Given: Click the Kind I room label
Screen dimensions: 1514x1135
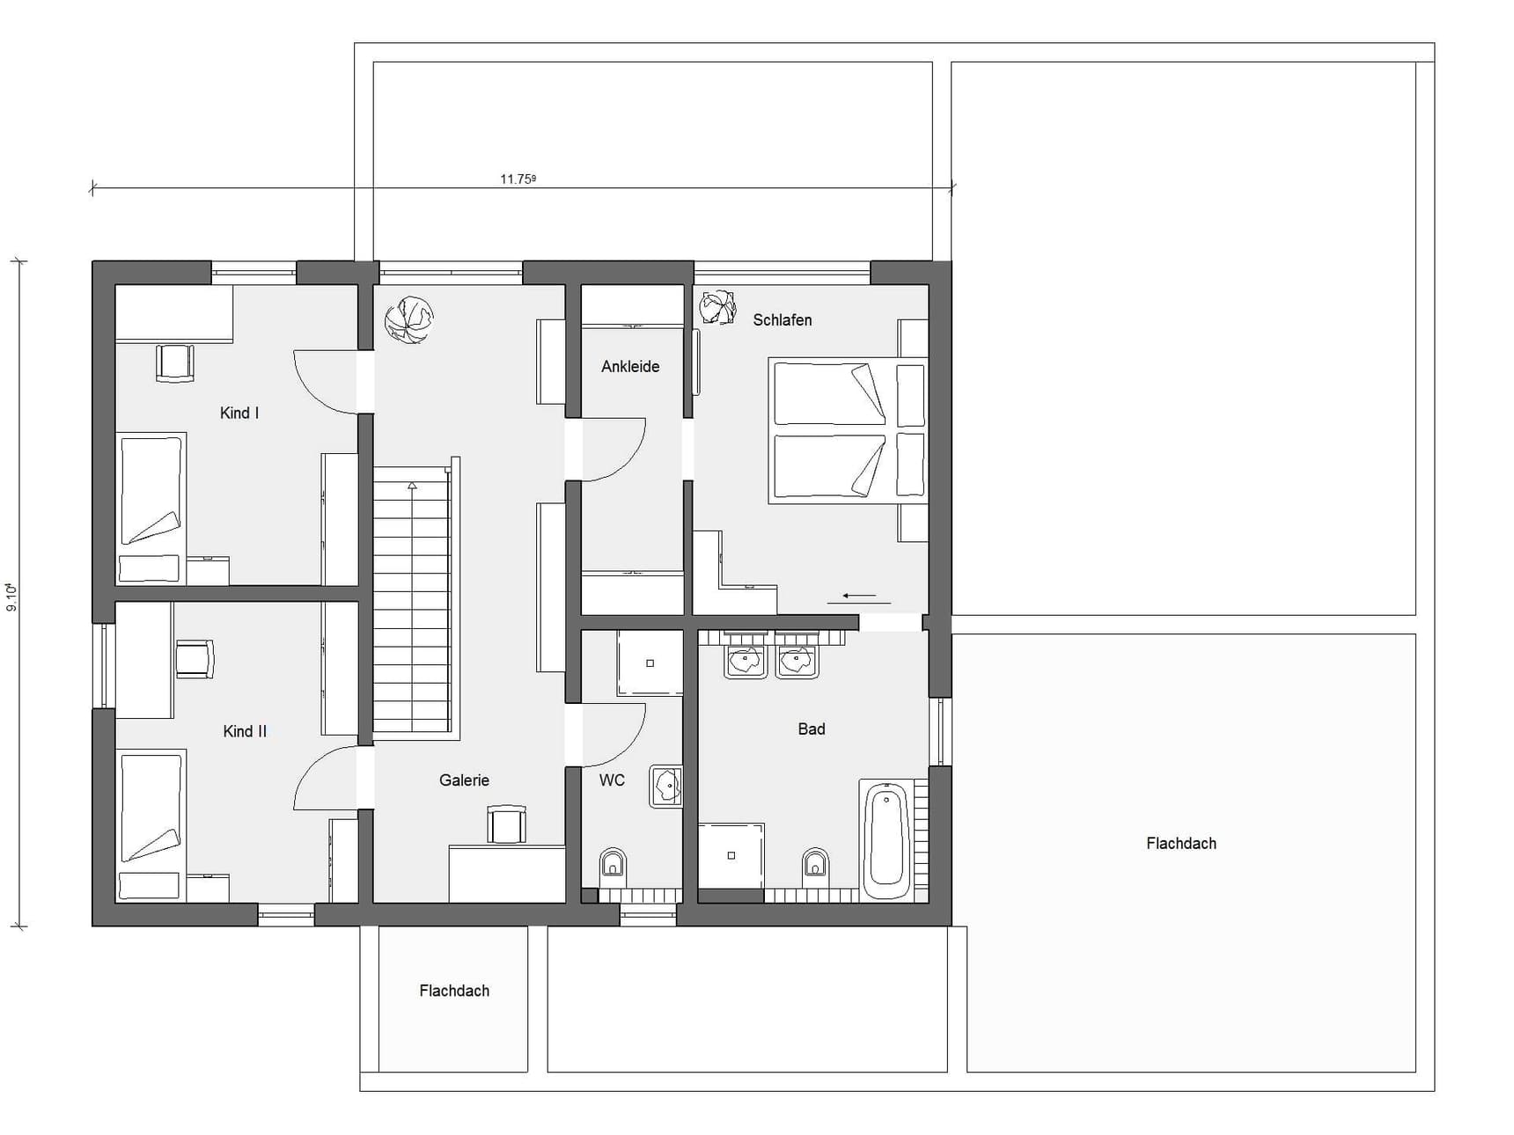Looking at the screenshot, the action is tap(239, 413).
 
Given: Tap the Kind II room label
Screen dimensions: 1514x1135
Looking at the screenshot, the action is tap(245, 731).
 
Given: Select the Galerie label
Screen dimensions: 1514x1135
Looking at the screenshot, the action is tap(464, 780).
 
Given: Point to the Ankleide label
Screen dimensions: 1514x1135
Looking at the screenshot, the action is tap(630, 367).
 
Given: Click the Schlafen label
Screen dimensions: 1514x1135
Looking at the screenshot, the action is tap(783, 320).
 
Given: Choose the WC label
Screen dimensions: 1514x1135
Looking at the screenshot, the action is tap(612, 780).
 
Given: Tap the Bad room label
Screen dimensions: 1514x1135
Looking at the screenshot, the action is tap(812, 729).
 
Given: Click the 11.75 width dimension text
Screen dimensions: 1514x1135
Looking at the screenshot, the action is tap(518, 179).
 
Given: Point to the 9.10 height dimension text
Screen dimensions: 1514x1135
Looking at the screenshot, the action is tap(11, 597).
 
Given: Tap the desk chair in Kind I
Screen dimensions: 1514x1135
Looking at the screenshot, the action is tap(174, 363).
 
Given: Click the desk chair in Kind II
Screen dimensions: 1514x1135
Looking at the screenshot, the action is tap(195, 659).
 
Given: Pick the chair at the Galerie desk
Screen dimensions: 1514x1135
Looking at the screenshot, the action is tap(506, 824).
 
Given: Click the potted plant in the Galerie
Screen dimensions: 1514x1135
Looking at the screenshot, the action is tap(409, 319).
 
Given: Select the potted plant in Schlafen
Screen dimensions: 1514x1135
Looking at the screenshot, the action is tap(718, 307).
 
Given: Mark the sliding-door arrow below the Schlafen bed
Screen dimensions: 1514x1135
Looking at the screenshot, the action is tap(859, 597).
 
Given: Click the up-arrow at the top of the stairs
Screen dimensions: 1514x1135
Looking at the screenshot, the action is tap(412, 485).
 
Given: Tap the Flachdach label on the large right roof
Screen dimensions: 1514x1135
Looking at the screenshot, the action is tap(1181, 843).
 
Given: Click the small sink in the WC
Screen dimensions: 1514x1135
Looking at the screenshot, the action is tap(666, 785).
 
